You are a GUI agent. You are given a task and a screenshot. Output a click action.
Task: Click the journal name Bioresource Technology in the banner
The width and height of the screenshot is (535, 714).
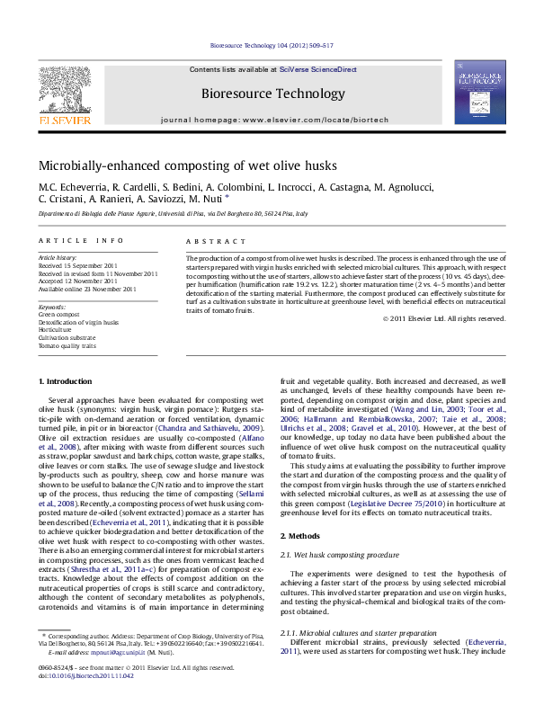(x=272, y=94)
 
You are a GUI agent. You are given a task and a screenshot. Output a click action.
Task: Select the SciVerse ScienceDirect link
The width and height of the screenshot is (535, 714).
(x=318, y=69)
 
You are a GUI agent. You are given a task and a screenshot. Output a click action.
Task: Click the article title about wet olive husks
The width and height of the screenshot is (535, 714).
(x=174, y=165)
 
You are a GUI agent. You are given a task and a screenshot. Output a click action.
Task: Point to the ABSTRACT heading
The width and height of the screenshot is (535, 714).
(x=216, y=242)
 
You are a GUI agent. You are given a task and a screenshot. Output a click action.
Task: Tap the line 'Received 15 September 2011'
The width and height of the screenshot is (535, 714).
(x=77, y=266)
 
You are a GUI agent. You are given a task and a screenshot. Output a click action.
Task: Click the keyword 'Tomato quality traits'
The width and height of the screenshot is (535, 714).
(x=67, y=345)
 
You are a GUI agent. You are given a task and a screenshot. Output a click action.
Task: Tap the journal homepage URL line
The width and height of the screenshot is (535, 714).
(x=272, y=120)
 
